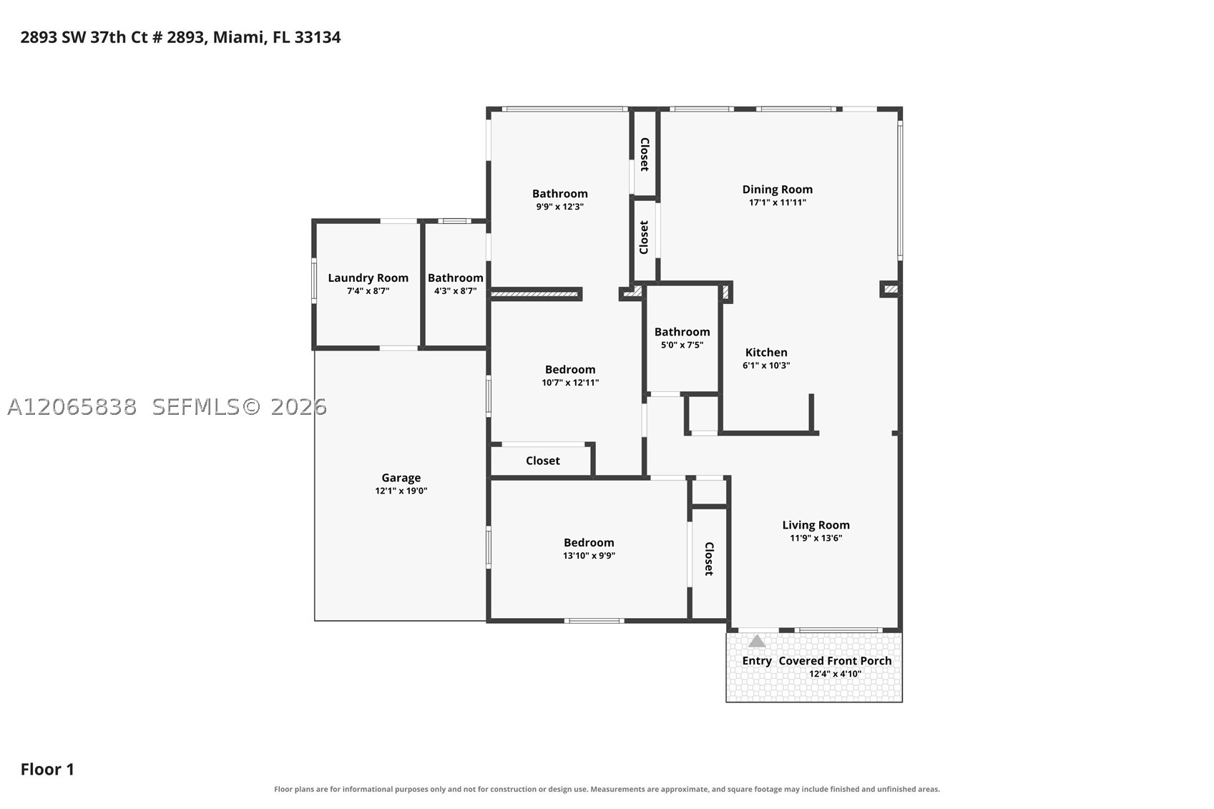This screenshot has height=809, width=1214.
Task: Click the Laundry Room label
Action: click(x=368, y=278)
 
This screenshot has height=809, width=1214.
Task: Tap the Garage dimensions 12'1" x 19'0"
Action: click(x=401, y=491)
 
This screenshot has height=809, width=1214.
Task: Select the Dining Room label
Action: click(x=777, y=190)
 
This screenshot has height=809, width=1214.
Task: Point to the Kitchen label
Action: click(x=765, y=352)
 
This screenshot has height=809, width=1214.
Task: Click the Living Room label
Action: click(x=816, y=525)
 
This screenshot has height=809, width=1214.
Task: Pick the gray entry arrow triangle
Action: click(x=757, y=642)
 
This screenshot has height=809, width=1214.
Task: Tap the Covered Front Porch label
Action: click(x=835, y=661)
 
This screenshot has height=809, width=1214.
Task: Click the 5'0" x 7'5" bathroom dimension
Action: click(x=682, y=345)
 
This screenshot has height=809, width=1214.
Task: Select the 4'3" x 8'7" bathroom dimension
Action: click(x=455, y=291)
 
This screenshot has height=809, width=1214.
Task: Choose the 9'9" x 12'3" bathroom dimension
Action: click(x=560, y=207)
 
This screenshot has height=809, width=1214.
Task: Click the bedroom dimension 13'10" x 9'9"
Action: click(x=589, y=555)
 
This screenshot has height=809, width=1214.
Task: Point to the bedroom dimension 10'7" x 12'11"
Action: click(x=570, y=383)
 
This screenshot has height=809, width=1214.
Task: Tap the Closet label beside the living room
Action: click(x=709, y=559)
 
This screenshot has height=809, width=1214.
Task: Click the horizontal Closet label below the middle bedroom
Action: click(x=542, y=461)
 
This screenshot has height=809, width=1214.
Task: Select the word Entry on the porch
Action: click(x=757, y=661)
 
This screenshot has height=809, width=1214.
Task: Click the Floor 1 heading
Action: click(x=47, y=770)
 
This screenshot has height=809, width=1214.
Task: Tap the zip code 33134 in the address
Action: click(x=318, y=37)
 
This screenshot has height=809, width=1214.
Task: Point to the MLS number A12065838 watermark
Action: click(x=72, y=407)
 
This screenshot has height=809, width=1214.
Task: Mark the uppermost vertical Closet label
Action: click(x=645, y=155)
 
